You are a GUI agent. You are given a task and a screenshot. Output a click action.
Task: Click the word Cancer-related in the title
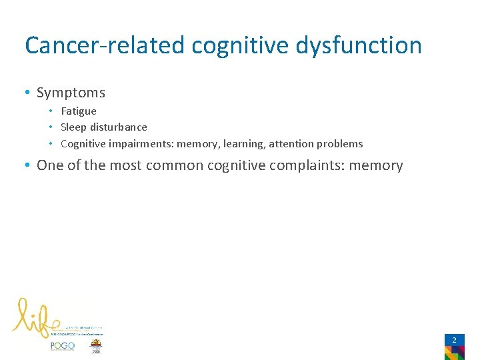click(105, 45)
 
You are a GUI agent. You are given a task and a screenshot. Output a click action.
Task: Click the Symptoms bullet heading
click(71, 93)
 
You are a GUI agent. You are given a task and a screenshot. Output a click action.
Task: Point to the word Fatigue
click(78, 111)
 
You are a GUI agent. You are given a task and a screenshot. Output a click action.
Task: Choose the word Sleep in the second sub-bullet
click(73, 127)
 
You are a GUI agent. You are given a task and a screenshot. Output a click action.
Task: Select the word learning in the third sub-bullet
click(243, 144)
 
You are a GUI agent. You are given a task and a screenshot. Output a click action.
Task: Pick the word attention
click(291, 144)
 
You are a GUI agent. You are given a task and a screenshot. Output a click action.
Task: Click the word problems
click(340, 144)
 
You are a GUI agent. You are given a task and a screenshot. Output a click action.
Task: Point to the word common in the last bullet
click(173, 165)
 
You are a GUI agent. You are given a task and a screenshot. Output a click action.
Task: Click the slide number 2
click(454, 340)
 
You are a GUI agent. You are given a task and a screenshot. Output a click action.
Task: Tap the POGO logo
click(62, 345)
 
